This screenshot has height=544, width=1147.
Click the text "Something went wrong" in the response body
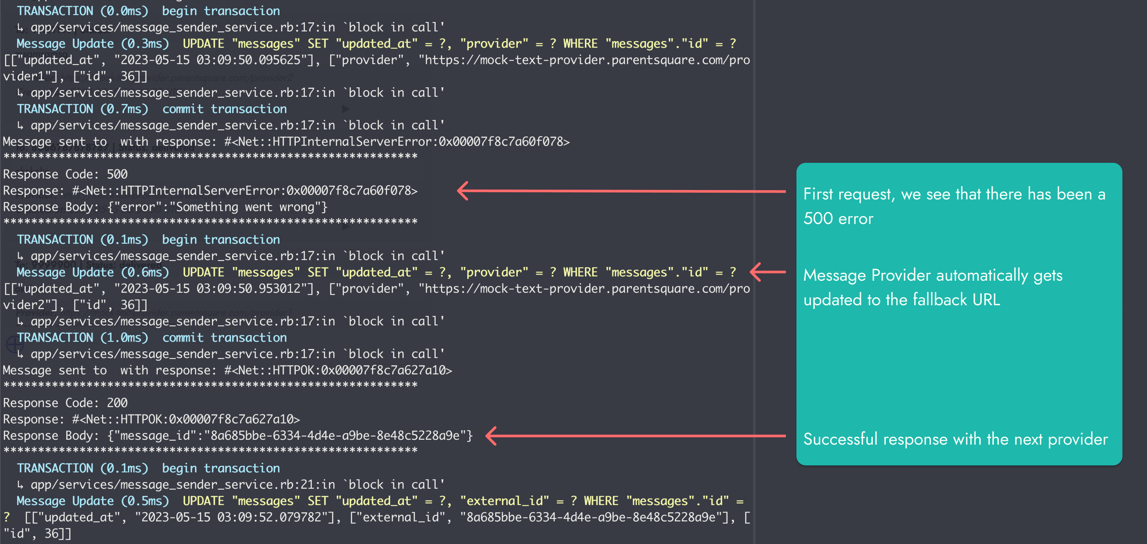click(x=245, y=207)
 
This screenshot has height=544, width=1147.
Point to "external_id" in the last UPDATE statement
click(x=504, y=501)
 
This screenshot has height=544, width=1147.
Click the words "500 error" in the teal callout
click(x=838, y=218)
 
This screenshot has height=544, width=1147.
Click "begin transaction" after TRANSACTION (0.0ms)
click(x=221, y=11)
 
